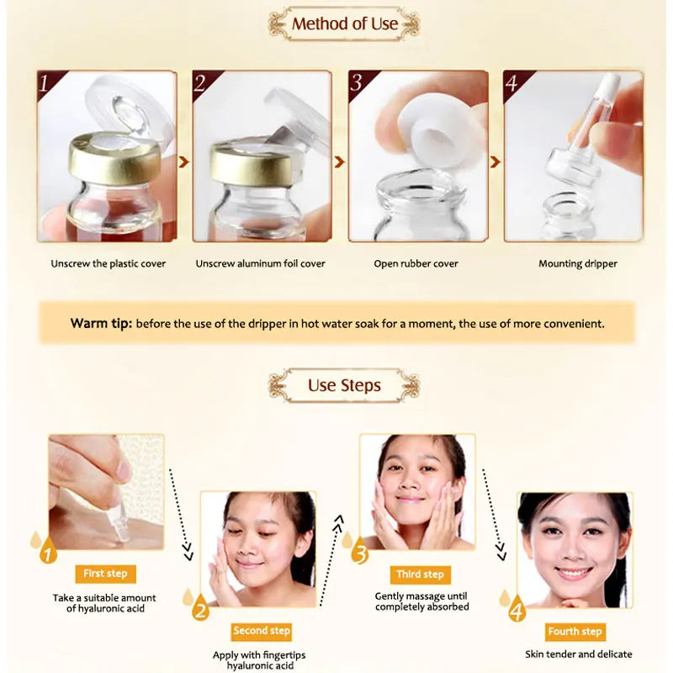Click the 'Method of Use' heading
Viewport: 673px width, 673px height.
coord(345,24)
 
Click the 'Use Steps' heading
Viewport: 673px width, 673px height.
coord(344,386)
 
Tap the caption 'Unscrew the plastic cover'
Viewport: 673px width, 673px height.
coord(109,264)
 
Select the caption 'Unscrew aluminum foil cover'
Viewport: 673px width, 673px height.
coord(260,264)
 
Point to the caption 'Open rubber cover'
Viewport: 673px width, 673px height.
coord(416,264)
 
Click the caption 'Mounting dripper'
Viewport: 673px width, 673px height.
coord(577,264)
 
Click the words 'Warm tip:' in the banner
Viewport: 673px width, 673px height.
coord(101,323)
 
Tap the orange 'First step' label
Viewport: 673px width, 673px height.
coord(105,574)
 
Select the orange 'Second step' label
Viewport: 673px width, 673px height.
coord(262,631)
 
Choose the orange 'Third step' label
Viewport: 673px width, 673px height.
coord(420,575)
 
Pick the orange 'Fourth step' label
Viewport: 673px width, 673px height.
coord(575,632)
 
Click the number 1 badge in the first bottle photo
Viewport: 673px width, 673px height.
coord(47,83)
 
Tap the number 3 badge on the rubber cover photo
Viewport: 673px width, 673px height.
coord(358,83)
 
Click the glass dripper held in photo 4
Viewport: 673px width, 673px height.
coord(589,143)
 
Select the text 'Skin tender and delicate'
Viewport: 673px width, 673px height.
coord(580,654)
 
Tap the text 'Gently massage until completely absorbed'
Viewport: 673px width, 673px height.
coord(421,601)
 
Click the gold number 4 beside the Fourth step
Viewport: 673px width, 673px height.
coord(516,607)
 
